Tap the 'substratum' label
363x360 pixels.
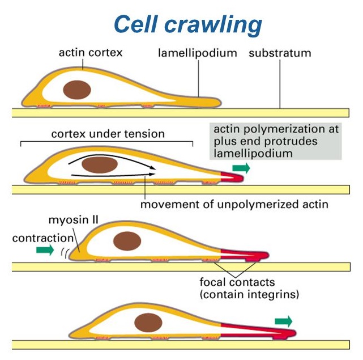(x=280, y=53)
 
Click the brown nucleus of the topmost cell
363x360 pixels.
(x=77, y=90)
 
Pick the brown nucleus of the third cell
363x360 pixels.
(x=126, y=240)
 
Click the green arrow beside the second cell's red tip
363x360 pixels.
(x=241, y=168)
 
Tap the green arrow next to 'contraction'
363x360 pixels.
(x=44, y=249)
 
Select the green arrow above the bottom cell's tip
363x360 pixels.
(x=283, y=321)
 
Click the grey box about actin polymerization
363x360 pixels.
(x=274, y=141)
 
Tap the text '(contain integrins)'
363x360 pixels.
(x=249, y=294)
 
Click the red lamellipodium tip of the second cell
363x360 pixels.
(x=232, y=177)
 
